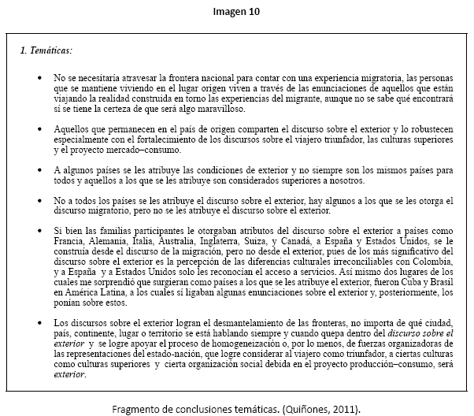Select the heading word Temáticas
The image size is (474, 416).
[50, 50]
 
